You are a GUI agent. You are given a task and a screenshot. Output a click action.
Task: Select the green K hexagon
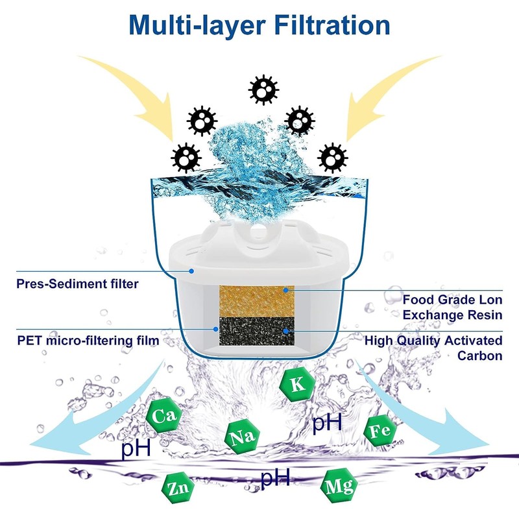[297, 385]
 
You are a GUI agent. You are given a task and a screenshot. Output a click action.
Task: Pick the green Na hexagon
[242, 437]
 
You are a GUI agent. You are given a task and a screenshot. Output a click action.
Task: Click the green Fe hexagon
[380, 431]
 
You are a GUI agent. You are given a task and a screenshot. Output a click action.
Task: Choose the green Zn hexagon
[177, 488]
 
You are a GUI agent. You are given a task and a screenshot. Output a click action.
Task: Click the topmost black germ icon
[263, 90]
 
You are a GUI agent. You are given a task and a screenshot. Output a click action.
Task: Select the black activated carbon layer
[256, 332]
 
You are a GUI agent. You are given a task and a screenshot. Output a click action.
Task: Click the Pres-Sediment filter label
[77, 284]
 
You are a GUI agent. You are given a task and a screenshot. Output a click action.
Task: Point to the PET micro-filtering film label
[88, 341]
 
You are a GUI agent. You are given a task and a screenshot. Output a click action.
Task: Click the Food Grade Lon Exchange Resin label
[452, 307]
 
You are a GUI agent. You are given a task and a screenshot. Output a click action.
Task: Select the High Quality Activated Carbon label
[433, 348]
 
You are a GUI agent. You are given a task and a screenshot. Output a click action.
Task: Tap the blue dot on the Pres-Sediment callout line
[191, 271]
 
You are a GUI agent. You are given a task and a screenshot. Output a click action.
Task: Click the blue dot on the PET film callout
[216, 330]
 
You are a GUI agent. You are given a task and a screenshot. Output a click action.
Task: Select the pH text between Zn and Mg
[275, 477]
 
